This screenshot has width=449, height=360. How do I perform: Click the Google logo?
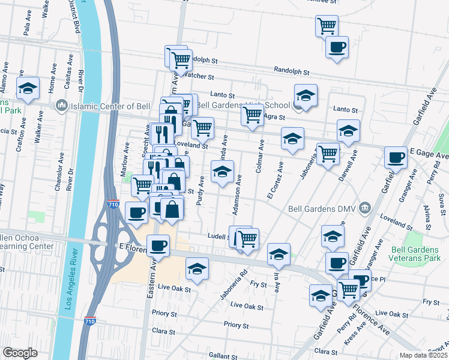pyautogui.click(x=20, y=353)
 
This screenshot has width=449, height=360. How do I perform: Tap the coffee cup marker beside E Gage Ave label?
pyautogui.click(x=396, y=158)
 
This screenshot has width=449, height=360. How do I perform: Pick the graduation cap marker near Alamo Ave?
pyautogui.click(x=27, y=89)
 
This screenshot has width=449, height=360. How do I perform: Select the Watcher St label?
pyautogui.click(x=198, y=76)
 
